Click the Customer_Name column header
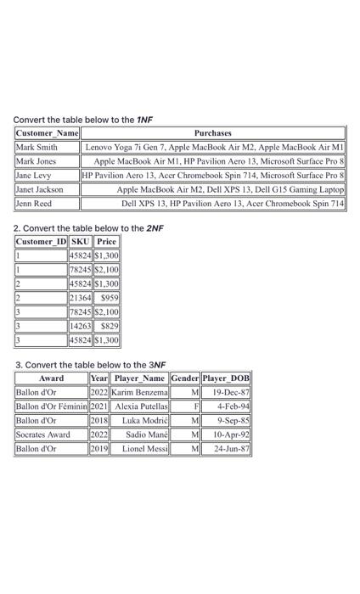(47, 133)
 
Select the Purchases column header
(212, 133)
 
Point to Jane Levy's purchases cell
(213, 176)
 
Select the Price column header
(107, 241)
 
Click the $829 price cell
(107, 327)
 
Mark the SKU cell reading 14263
(82, 327)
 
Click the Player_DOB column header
(227, 378)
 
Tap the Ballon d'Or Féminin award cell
(51, 406)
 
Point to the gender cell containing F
(185, 406)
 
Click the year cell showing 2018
(99, 420)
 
